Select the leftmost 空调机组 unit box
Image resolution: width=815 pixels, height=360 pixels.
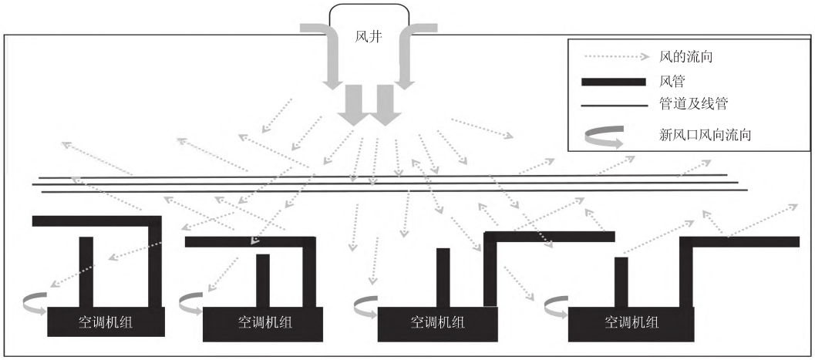(x=106, y=322)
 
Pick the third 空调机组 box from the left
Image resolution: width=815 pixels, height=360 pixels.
(x=436, y=322)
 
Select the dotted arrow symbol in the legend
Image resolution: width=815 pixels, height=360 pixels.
(x=615, y=56)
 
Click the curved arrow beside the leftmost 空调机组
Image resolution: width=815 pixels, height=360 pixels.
(x=35, y=302)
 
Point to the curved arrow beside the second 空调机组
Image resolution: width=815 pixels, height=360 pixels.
(x=191, y=304)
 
